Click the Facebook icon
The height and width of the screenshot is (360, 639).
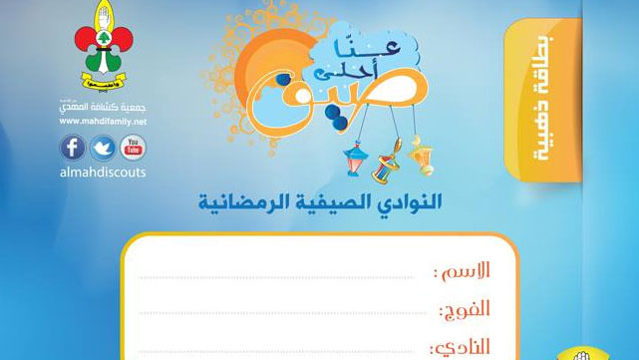click(73, 148)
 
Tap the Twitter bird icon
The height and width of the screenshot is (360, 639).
click(102, 148)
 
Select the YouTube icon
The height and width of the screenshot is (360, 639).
click(131, 148)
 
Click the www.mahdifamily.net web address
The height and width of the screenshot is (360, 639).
click(101, 122)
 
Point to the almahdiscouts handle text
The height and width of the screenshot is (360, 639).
click(102, 172)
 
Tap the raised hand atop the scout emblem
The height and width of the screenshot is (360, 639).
click(101, 20)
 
